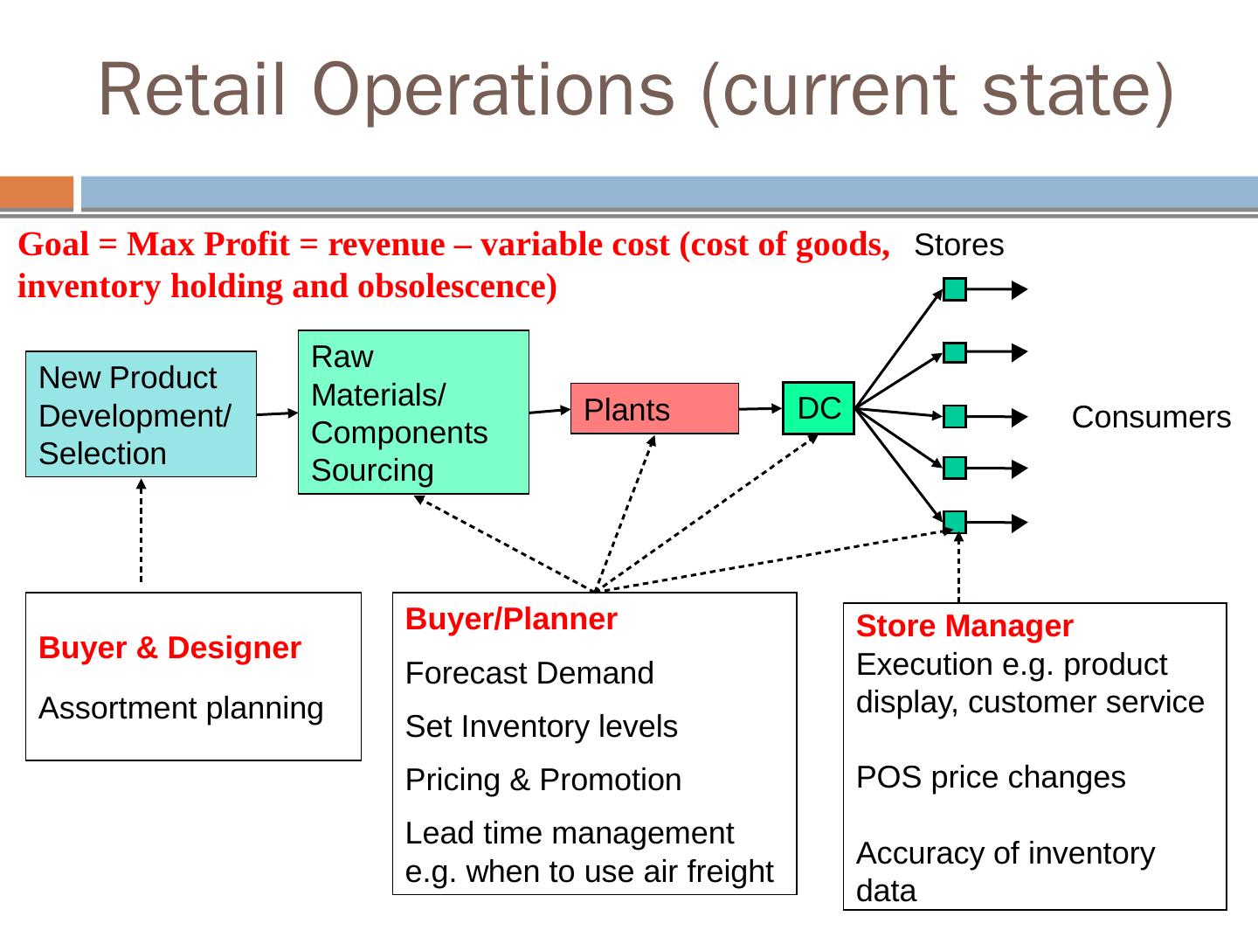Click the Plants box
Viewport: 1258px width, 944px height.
[653, 409]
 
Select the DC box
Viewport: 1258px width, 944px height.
[818, 408]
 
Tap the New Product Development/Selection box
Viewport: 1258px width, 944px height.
[141, 414]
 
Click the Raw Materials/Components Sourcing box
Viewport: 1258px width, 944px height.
[413, 413]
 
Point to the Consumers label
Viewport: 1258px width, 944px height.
[1151, 418]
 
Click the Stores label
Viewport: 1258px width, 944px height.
[958, 246]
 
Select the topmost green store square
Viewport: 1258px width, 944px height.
[955, 290]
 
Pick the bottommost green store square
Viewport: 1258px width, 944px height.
[955, 522]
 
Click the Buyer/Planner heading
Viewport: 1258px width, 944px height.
[511, 620]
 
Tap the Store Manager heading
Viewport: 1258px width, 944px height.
[964, 627]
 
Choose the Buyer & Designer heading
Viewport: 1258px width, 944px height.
[169, 648]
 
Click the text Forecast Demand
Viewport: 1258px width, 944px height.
[529, 674]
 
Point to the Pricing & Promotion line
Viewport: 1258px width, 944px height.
[543, 780]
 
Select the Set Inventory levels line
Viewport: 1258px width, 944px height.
[541, 727]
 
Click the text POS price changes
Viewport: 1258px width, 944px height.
[991, 777]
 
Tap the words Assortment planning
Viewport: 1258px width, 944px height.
[181, 708]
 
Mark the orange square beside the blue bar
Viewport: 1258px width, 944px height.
[37, 193]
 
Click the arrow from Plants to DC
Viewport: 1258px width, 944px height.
[760, 408]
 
